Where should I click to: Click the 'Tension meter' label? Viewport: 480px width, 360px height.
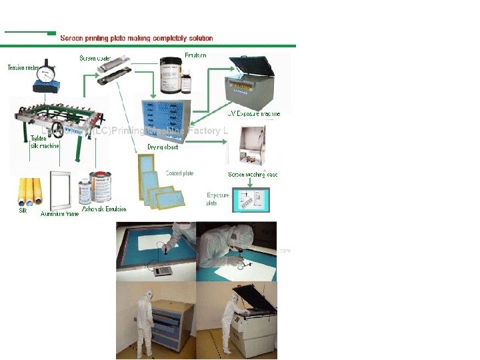pos(21,67)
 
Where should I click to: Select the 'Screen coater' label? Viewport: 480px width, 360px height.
pos(96,58)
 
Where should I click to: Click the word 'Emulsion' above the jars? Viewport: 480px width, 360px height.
pos(195,55)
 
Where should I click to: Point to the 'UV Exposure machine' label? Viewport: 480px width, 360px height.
pos(254,113)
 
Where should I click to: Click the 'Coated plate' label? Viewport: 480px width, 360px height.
pos(179,174)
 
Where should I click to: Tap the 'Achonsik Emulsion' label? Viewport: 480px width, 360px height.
pos(100,209)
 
